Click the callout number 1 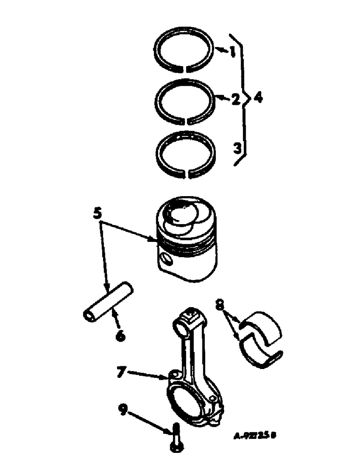231,51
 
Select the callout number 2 236,99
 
